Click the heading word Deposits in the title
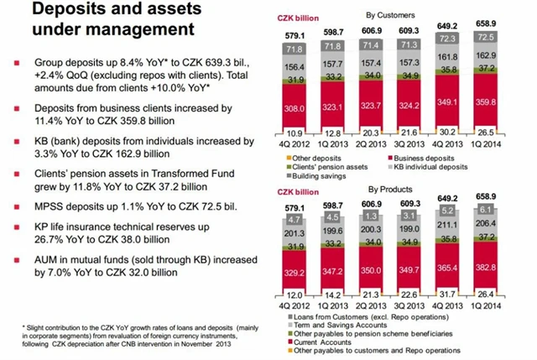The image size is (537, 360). pos(60,12)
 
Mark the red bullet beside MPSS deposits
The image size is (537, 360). pos(18,205)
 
